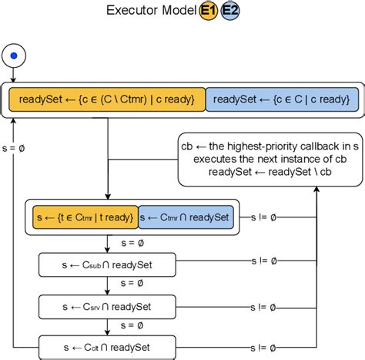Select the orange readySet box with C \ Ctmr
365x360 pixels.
pos(107,99)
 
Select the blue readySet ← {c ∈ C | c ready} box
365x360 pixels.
pos(281,99)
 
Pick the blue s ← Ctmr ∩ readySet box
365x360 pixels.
pos(185,218)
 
